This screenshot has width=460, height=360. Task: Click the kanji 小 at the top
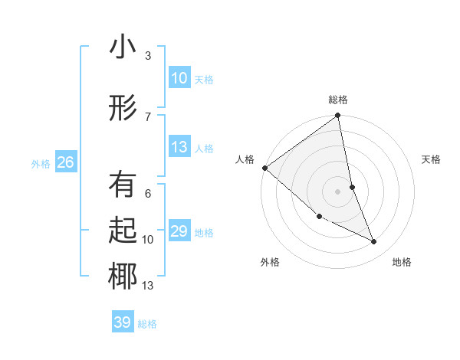[x=123, y=47]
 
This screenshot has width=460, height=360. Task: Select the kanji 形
[x=123, y=109]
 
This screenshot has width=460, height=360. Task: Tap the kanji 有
[x=123, y=185]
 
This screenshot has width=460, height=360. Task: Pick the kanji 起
[x=123, y=231]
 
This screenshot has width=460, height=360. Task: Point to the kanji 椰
[x=123, y=277]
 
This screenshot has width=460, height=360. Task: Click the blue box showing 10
[x=179, y=78]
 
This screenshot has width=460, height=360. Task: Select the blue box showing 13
[x=179, y=147]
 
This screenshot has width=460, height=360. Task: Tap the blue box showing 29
[x=179, y=231]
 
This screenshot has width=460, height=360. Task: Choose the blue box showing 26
[x=65, y=162]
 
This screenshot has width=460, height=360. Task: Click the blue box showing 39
[x=123, y=322]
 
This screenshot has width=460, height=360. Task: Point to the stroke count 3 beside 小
[x=148, y=56]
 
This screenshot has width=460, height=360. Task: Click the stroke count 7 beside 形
[x=148, y=116]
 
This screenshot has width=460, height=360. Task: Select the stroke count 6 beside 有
[x=148, y=194]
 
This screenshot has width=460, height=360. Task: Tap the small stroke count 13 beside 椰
[x=148, y=286]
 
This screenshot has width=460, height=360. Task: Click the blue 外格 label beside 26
[x=41, y=163]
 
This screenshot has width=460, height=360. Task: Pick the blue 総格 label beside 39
[x=147, y=324]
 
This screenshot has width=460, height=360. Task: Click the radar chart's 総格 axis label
[x=338, y=100]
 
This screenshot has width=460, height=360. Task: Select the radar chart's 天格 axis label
[x=432, y=159]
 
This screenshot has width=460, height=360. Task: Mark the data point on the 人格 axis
[x=264, y=168]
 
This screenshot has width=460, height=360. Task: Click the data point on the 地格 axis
[x=374, y=242]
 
